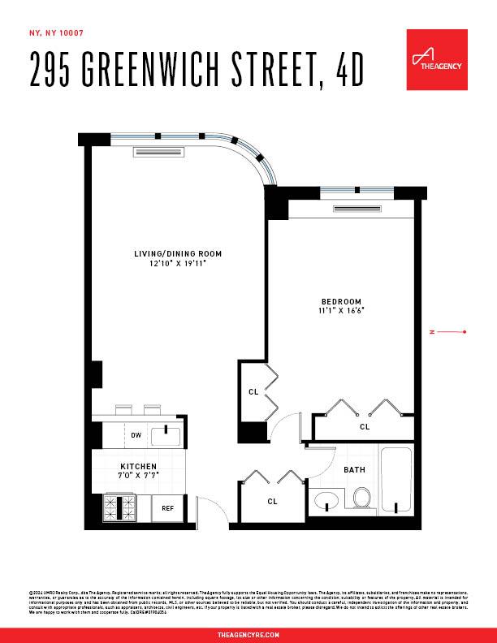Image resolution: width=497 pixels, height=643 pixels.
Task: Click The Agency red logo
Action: pos(436,59)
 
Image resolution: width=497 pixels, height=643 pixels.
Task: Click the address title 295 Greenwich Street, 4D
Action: pos(196,70)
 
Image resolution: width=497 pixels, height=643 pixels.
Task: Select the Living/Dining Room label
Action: pos(178,254)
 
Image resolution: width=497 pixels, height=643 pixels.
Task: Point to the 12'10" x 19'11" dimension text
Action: pos(178,264)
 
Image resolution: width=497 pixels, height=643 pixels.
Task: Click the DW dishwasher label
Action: pos(136,435)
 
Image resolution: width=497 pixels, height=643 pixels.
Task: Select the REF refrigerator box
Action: pos(167,507)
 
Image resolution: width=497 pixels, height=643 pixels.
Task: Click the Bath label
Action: pos(354,470)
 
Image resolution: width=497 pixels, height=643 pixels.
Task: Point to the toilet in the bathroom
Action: pos(362,498)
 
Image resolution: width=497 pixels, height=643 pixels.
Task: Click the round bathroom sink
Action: pos(327,501)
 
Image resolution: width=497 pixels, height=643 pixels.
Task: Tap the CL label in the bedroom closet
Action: pos(365,426)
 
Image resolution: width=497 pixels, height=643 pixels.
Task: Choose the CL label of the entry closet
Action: pos(272,501)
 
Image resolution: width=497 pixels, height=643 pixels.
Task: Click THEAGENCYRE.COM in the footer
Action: pos(248,633)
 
